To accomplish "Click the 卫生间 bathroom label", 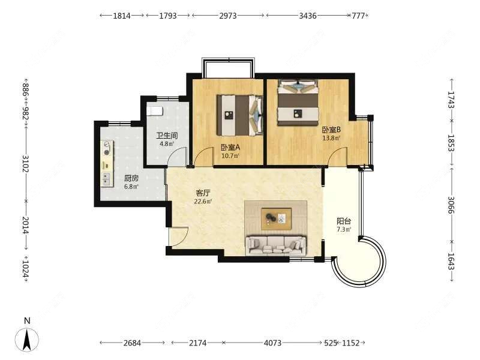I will point(165,136).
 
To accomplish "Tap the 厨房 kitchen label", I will point(131,178).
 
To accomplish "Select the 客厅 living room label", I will point(203,193).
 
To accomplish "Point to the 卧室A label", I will point(230,148).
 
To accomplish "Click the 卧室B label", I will point(331,129).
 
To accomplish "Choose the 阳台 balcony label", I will point(344,221).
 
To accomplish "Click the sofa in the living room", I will point(275,244).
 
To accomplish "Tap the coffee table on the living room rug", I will point(276,218).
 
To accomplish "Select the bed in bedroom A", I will point(240,114).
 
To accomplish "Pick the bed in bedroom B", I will point(298,104).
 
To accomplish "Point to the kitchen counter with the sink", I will point(107,163).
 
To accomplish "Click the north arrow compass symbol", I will point(27,337).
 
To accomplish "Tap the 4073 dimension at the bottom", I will point(272,343).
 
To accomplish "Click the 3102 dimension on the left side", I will point(25,163).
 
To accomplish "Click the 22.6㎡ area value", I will point(203,202).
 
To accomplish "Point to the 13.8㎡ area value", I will point(331,138).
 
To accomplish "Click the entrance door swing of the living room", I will point(178,236).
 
